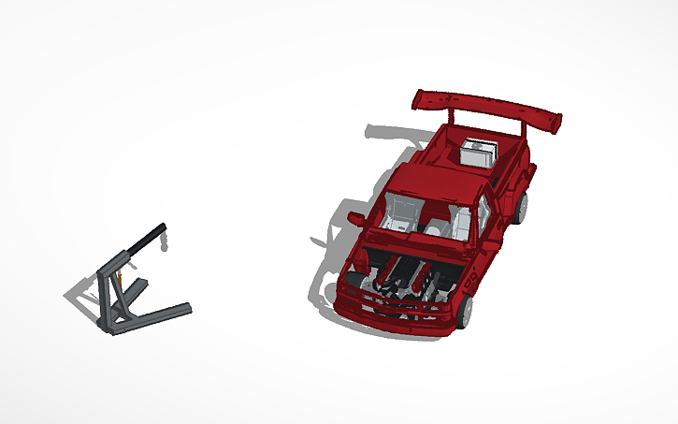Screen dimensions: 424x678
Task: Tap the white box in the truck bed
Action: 480,152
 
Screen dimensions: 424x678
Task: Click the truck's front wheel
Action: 465,310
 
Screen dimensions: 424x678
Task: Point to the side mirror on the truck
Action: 356,218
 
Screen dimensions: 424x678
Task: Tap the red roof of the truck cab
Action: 445,183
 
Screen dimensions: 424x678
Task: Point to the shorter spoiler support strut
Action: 452,116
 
